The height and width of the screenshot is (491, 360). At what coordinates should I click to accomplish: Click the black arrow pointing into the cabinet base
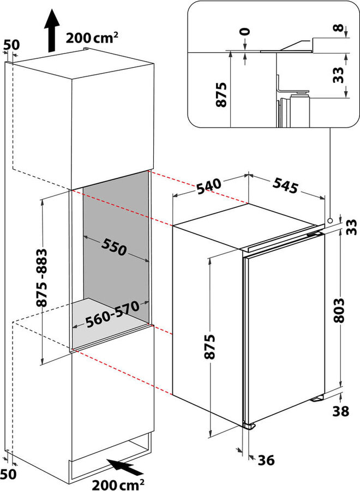point(125,466)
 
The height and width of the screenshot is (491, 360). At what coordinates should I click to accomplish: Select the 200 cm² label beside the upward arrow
point(92,38)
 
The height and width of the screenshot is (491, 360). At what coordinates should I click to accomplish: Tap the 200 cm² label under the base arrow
point(118,483)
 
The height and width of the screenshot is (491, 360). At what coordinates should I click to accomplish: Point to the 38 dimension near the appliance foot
point(340,412)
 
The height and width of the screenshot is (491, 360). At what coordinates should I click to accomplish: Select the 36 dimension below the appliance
point(265,461)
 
